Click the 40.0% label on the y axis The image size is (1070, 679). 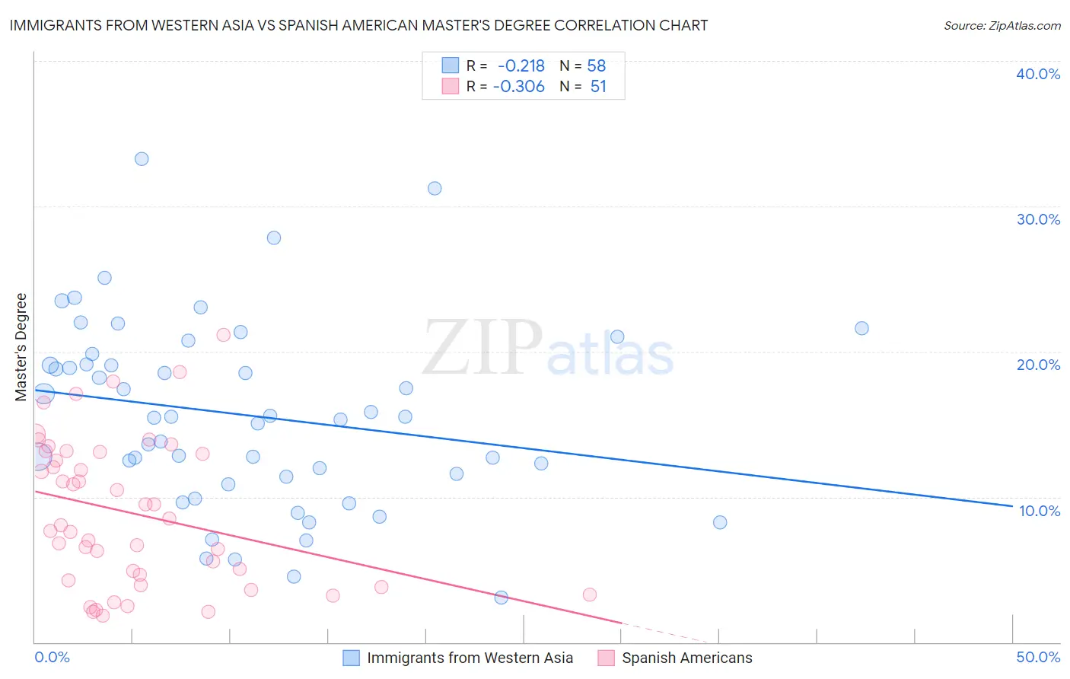[x=1038, y=74]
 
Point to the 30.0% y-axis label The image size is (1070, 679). [x=1038, y=219]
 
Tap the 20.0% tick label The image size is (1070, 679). [x=1038, y=365]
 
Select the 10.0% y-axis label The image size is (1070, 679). [x=1040, y=511]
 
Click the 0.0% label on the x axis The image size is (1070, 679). [x=53, y=657]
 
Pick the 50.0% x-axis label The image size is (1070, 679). [x=1038, y=657]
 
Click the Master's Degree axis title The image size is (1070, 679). [x=21, y=347]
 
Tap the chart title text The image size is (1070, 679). [x=358, y=26]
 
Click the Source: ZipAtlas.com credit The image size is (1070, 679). [x=1002, y=26]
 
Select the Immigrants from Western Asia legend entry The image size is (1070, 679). [x=470, y=658]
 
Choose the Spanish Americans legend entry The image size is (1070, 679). [x=686, y=658]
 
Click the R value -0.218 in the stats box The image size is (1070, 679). [x=521, y=66]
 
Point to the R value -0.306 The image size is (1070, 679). [x=519, y=87]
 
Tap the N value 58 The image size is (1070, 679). [x=597, y=66]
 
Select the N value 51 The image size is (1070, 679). [x=598, y=87]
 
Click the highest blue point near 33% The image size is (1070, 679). [x=142, y=159]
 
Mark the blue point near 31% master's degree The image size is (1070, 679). [x=435, y=189]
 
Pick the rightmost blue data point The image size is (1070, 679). [x=861, y=329]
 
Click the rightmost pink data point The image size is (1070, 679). [x=589, y=595]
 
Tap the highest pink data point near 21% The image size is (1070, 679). [x=223, y=335]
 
